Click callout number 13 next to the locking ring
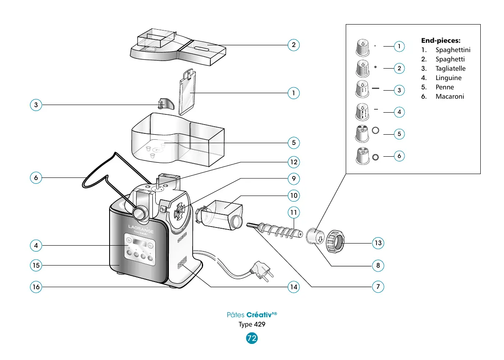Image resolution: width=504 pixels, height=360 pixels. (x=378, y=243)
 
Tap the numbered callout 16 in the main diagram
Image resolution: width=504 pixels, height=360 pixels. (x=36, y=287)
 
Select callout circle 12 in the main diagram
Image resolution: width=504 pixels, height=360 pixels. (x=293, y=162)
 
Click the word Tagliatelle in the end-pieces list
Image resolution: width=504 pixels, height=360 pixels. (x=450, y=69)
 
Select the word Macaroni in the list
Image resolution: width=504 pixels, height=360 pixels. (x=449, y=97)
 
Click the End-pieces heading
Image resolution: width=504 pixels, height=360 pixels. (x=441, y=41)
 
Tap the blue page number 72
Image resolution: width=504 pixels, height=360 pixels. (x=252, y=338)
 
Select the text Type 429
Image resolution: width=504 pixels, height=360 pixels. (x=252, y=324)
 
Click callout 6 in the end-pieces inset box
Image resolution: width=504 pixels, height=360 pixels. (x=399, y=156)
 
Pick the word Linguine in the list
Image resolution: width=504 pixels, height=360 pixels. (x=448, y=78)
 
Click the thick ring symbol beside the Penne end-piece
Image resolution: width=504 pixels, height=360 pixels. (x=375, y=130)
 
